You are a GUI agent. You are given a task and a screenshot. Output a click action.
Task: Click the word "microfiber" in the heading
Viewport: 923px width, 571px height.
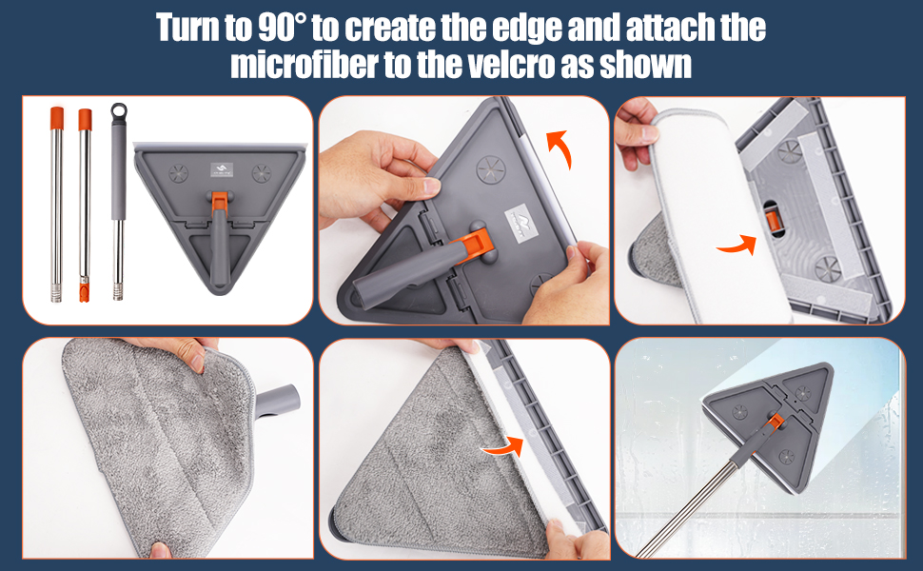click(x=304, y=65)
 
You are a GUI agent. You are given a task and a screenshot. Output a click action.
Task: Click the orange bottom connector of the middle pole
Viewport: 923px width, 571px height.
click(x=84, y=291)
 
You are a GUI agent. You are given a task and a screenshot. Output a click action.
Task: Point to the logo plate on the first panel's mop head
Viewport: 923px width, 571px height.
click(x=222, y=170)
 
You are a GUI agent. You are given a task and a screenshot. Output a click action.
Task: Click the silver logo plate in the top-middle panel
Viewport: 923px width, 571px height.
click(x=520, y=223)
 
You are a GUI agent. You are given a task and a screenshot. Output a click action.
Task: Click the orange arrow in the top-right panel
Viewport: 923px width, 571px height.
click(x=738, y=245)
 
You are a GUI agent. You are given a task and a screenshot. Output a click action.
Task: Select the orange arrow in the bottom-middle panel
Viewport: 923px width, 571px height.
click(x=504, y=446)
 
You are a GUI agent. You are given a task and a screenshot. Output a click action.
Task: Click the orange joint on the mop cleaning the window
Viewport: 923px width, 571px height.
click(x=775, y=423)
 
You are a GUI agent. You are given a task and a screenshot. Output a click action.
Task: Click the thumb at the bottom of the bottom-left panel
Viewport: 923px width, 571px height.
click(x=160, y=550)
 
